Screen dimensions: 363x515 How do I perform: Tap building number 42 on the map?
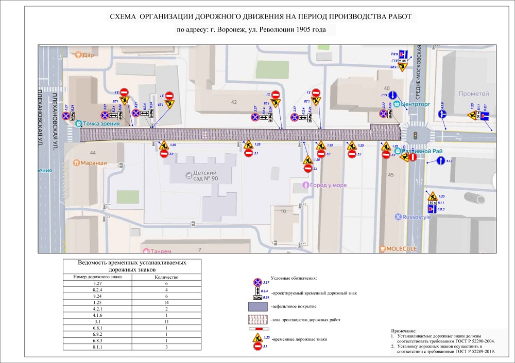(x=234, y=102)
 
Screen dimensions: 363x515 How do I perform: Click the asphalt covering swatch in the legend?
(x=259, y=306)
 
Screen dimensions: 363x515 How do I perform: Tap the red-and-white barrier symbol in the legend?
(x=259, y=329)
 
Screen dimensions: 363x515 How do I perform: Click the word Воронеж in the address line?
(x=222, y=30)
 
